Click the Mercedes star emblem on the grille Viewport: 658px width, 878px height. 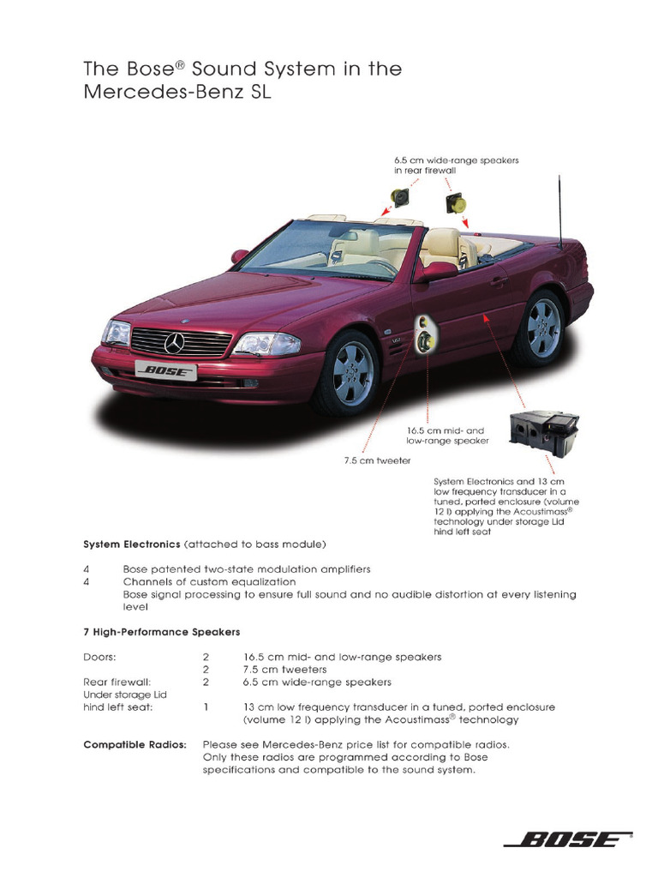point(175,343)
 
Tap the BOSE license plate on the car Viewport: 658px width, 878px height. point(166,371)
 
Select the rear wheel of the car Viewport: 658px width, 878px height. point(540,328)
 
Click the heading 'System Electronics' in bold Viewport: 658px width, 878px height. point(131,544)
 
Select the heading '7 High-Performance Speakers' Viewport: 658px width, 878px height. point(161,632)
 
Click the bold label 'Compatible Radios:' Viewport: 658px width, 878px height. point(135,744)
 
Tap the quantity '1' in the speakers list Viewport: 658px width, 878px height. point(206,707)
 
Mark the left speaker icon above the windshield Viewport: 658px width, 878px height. point(399,196)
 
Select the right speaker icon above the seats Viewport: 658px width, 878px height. point(454,203)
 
